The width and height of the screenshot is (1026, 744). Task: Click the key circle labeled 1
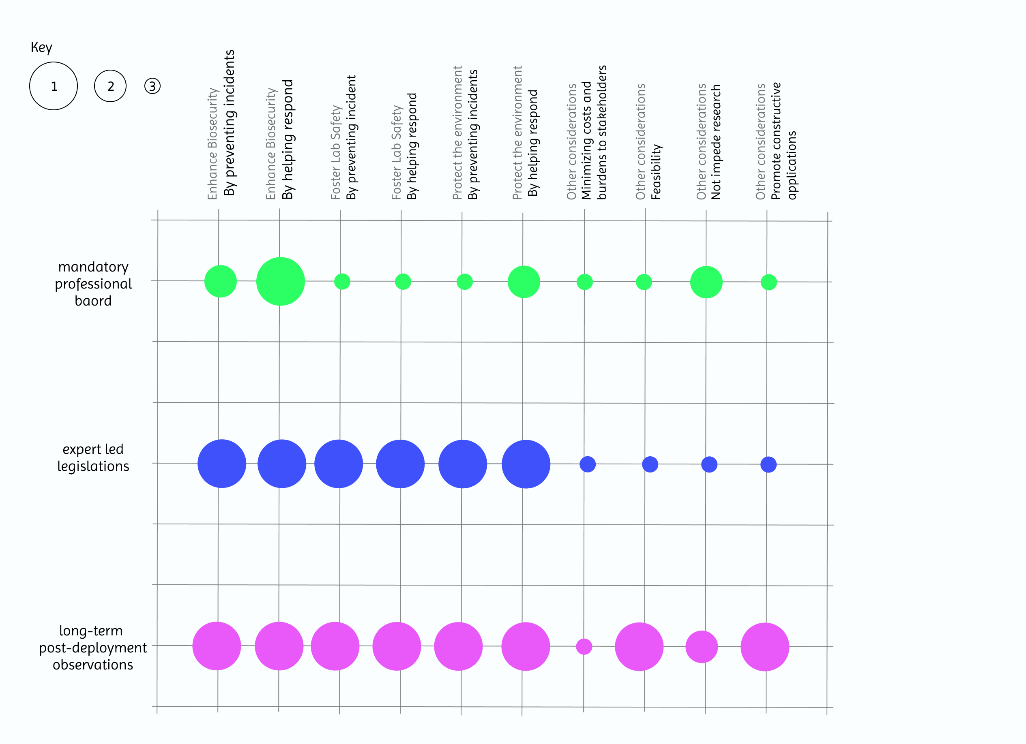tap(54, 86)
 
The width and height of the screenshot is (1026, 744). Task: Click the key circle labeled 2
tap(110, 86)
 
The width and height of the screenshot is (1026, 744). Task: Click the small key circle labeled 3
tap(152, 86)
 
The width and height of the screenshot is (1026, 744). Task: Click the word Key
tap(41, 47)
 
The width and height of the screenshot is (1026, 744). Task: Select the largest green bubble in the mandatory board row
tap(281, 281)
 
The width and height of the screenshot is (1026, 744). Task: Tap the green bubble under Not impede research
tap(706, 282)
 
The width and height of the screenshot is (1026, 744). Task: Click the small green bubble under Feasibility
tap(644, 282)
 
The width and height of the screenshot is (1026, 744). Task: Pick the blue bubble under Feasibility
tap(650, 464)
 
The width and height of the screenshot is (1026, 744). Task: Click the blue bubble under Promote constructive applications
tap(768, 464)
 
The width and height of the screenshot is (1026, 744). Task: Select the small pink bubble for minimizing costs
tap(584, 646)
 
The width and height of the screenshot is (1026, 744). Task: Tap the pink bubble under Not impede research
tap(701, 646)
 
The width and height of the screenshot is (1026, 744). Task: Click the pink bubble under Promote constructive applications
tap(764, 646)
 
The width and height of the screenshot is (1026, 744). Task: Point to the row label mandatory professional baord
tap(93, 284)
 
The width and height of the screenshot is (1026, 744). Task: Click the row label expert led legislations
tap(93, 458)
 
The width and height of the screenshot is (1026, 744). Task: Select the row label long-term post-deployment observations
tap(93, 647)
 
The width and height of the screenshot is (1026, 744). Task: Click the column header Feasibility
tap(656, 172)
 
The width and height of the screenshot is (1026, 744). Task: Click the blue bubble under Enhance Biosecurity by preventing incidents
tap(222, 463)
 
